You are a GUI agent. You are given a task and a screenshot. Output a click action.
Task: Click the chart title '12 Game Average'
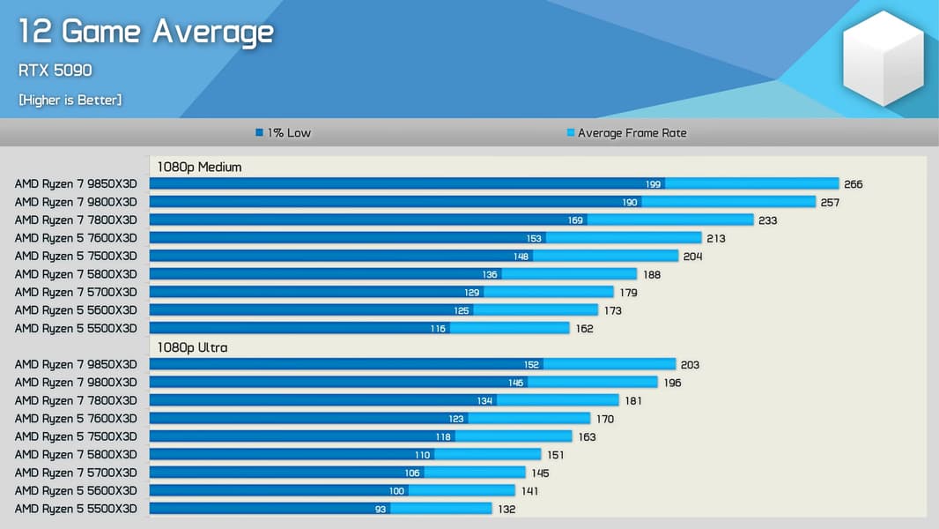(146, 33)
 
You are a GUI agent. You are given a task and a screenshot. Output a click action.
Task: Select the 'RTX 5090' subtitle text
(55, 71)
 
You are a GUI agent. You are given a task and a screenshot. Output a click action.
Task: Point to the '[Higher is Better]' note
(70, 100)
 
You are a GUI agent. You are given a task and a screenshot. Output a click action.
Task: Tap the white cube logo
(883, 58)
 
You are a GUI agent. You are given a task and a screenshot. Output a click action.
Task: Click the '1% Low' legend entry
(284, 133)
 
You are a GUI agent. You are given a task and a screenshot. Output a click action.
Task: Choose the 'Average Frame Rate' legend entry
(626, 133)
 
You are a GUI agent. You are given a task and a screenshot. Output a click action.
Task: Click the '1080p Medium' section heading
(199, 167)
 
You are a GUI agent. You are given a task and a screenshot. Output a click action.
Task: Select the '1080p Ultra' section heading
(192, 347)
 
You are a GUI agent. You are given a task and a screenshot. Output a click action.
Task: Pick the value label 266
(853, 184)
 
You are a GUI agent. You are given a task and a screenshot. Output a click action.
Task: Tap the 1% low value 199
(653, 184)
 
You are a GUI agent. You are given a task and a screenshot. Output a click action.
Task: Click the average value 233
(767, 220)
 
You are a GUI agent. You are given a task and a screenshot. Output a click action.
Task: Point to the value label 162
(584, 329)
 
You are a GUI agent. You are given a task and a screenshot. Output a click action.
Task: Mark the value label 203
(690, 365)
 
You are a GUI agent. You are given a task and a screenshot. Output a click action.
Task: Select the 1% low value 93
(381, 509)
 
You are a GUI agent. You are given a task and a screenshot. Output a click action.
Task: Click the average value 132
(506, 510)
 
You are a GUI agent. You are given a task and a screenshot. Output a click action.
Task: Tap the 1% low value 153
(534, 238)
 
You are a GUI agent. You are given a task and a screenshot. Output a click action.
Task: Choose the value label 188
(651, 275)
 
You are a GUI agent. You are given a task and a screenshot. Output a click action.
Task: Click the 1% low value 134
(484, 401)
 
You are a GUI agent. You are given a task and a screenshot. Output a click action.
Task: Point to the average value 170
(604, 419)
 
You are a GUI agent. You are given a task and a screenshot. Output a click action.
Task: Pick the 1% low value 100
(396, 491)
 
